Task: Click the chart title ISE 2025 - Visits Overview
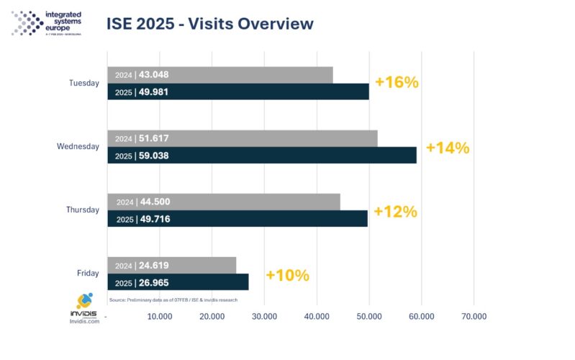(209, 24)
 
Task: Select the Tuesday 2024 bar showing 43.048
(219, 74)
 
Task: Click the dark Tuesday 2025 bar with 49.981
(237, 91)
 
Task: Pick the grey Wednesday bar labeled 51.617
(242, 138)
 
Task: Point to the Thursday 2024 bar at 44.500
(223, 202)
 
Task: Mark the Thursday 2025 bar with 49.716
(237, 219)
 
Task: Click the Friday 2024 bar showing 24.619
(171, 265)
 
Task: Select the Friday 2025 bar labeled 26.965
(178, 282)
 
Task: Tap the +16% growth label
(397, 82)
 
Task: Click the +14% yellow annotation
(447, 148)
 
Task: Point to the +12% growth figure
(395, 212)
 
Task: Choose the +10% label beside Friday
(287, 275)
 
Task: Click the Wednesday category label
(78, 147)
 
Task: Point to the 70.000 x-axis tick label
(473, 316)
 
